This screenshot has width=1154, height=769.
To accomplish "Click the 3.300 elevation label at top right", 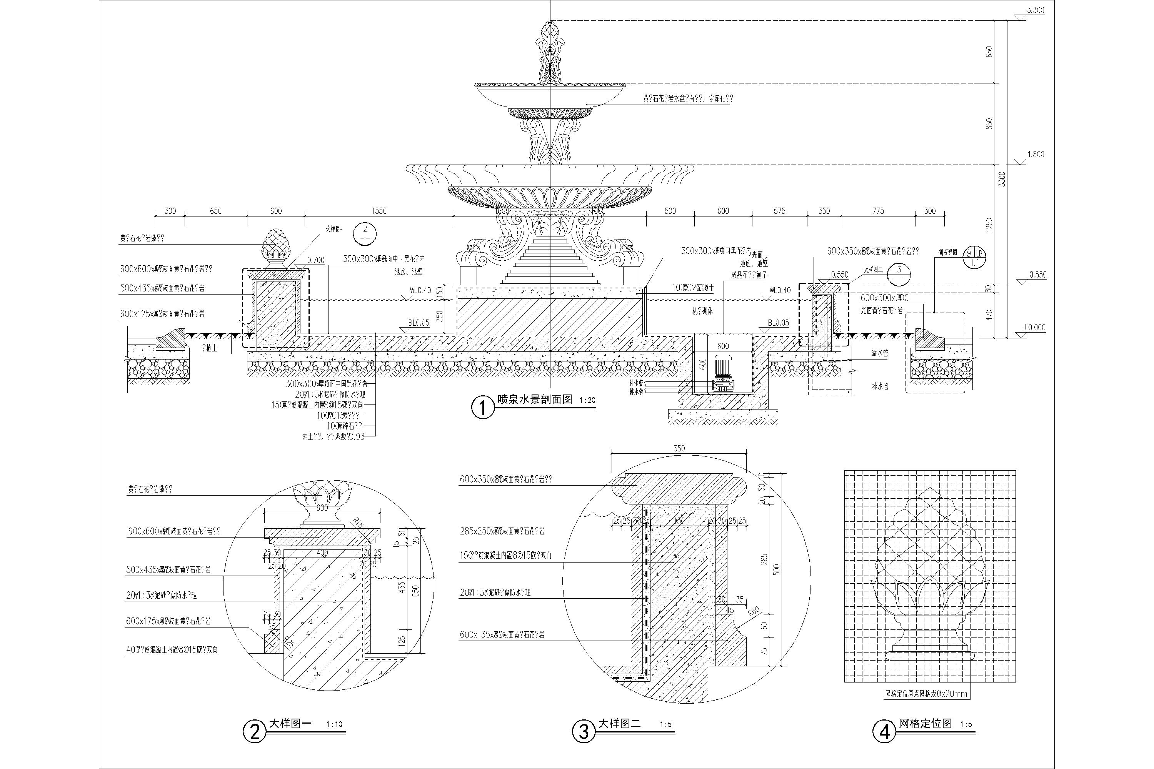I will coord(1035,10).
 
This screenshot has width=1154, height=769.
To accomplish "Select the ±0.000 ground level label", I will coord(1034,328).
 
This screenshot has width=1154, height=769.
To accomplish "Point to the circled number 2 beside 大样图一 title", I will coord(255,732).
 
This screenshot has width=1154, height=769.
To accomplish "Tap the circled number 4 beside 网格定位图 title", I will coord(884,732).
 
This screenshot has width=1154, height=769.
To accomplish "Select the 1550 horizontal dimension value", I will coord(379,211).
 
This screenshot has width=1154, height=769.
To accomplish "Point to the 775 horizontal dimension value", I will coord(878,211).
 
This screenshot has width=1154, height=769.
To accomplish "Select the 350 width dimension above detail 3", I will coord(679,448).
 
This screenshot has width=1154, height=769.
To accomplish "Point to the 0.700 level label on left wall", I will coord(315,260).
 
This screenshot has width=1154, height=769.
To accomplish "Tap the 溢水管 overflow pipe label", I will coord(880,353).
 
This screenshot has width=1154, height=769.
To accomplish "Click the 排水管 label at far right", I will coord(880,386).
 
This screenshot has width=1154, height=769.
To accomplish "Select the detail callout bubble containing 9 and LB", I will coord(974,258).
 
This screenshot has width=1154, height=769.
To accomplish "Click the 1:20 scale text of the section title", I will coord(587,400).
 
